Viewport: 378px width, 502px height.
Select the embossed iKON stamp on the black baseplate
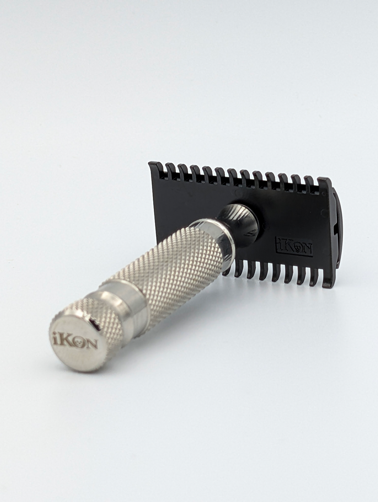(294, 245)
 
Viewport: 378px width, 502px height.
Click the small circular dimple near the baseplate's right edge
(323, 212)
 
